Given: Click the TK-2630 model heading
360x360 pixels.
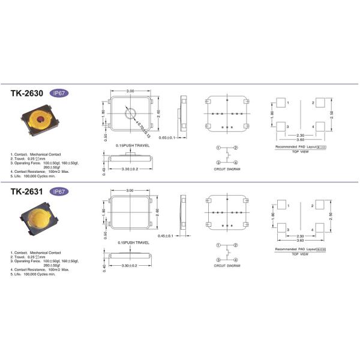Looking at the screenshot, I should (x=27, y=94).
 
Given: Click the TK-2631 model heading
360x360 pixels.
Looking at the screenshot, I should (x=27, y=192).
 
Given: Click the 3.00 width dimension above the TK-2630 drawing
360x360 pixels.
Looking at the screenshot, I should (x=130, y=91).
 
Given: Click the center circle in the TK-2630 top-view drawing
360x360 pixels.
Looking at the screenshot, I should (x=130, y=114).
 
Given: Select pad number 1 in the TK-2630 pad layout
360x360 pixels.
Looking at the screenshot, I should (x=280, y=104).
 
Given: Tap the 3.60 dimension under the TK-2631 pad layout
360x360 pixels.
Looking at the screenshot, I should (x=299, y=243).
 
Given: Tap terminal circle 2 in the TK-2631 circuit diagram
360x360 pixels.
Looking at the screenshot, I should (x=236, y=246).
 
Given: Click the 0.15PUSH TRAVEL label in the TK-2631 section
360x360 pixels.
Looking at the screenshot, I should (x=133, y=242).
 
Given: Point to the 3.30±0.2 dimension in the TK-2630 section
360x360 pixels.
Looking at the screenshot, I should (x=130, y=169).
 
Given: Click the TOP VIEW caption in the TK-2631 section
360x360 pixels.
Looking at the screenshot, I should (x=299, y=254).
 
